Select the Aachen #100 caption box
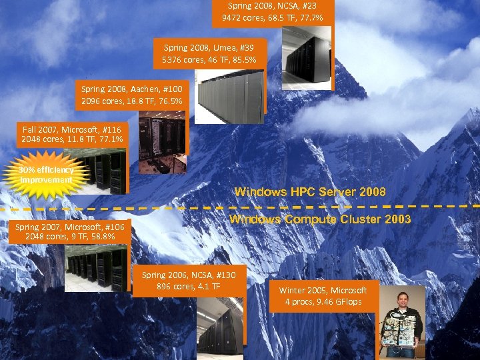(x=131, y=95)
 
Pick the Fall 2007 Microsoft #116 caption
(x=73, y=135)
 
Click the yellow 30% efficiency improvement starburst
(x=46, y=175)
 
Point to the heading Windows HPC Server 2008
(x=310, y=192)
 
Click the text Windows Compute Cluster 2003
(x=320, y=219)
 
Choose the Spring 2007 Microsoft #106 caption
(x=69, y=231)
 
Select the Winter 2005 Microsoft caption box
(x=323, y=296)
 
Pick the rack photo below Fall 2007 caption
(x=100, y=172)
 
